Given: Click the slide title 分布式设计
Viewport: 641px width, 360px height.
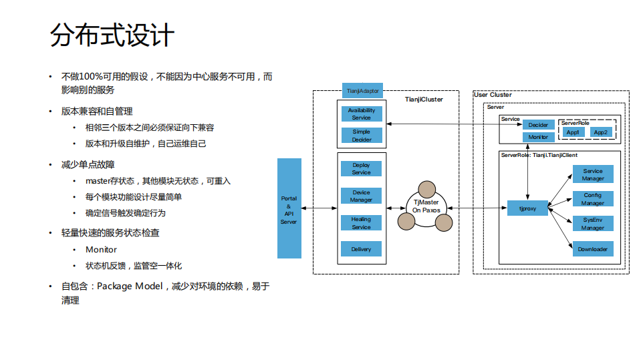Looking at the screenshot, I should pyautogui.click(x=112, y=35).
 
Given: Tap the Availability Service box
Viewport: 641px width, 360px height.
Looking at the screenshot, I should pyautogui.click(x=361, y=114).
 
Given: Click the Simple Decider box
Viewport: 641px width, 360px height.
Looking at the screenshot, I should pyautogui.click(x=361, y=136).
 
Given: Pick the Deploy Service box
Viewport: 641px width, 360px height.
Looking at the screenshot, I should pyautogui.click(x=361, y=169).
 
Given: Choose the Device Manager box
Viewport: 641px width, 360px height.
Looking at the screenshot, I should pyautogui.click(x=361, y=196).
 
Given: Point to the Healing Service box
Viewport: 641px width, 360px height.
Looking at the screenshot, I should pyautogui.click(x=361, y=223).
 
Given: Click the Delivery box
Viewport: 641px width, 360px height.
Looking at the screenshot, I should pyautogui.click(x=361, y=250).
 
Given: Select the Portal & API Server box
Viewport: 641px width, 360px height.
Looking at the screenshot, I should pyautogui.click(x=289, y=209).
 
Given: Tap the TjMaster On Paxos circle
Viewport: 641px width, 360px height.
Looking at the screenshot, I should pyautogui.click(x=426, y=206).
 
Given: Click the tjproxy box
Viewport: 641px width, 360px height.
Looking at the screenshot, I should pyautogui.click(x=528, y=208).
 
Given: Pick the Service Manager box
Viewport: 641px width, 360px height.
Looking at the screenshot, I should pyautogui.click(x=592, y=174).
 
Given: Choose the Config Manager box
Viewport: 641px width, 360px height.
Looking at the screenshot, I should pyautogui.click(x=592, y=199).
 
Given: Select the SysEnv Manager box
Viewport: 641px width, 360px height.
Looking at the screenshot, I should pyautogui.click(x=592, y=224).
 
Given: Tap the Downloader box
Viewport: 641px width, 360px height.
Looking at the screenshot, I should pyautogui.click(x=592, y=249).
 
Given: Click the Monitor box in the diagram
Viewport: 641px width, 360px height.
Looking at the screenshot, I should pyautogui.click(x=538, y=137).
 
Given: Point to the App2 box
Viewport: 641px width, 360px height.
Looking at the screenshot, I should pyautogui.click(x=601, y=132).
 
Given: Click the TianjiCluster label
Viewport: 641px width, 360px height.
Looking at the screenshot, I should pyautogui.click(x=424, y=100).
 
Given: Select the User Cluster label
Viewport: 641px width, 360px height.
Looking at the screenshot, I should pyautogui.click(x=493, y=95).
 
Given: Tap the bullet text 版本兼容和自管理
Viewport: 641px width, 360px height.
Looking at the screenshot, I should pyautogui.click(x=97, y=111).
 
